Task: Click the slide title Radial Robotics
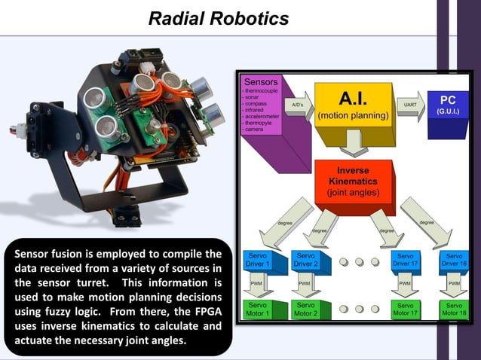tap(218, 19)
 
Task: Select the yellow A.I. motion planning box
tap(353, 108)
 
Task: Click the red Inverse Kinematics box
tap(353, 181)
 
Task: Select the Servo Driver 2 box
tap(305, 261)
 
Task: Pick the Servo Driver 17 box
tap(406, 261)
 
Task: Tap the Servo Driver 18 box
tap(453, 261)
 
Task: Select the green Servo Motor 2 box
tap(305, 309)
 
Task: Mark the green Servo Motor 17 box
tap(406, 309)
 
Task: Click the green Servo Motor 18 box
tap(453, 309)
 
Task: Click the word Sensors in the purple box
tap(260, 81)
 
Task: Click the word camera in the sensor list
tap(253, 130)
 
